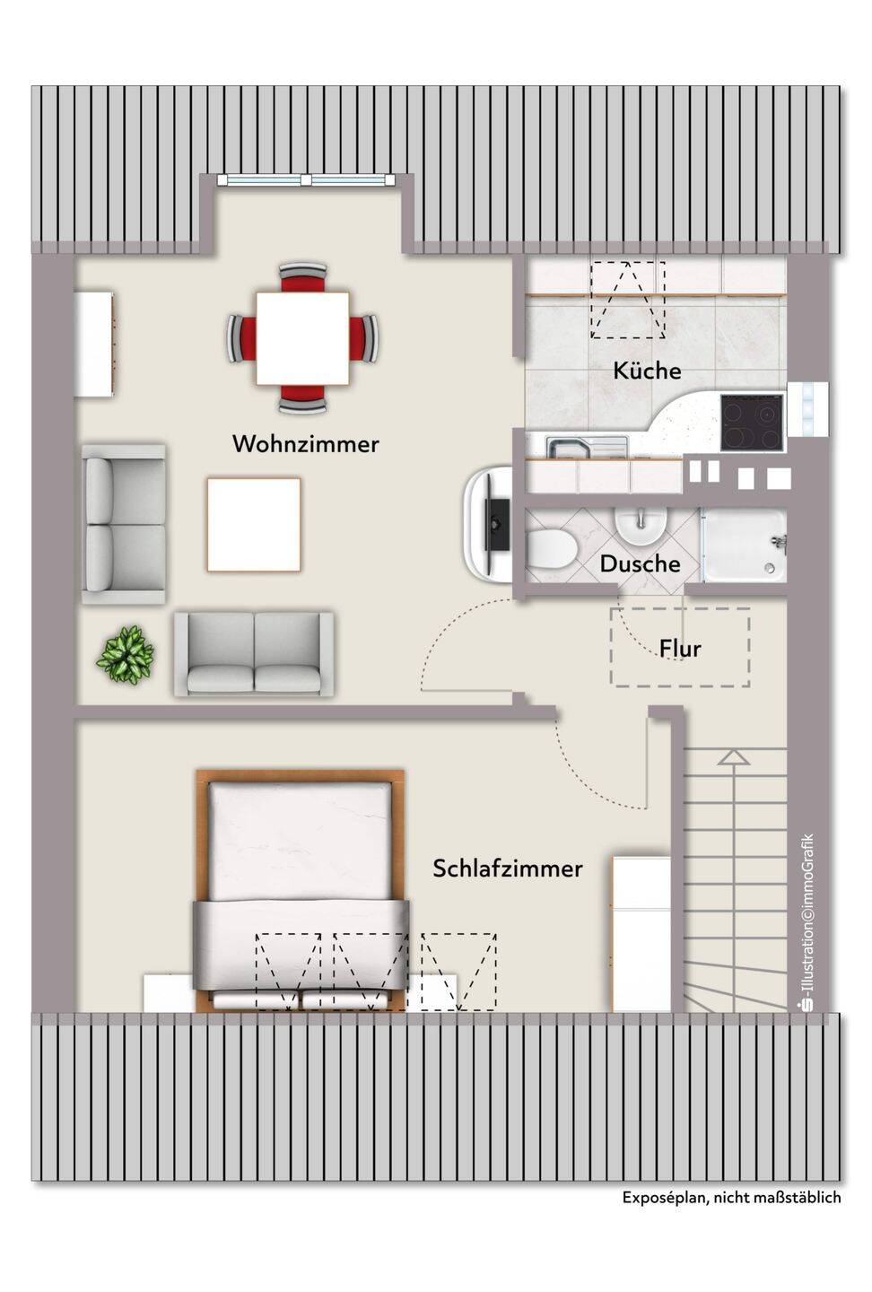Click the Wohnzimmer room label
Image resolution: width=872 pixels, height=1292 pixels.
pos(306,444)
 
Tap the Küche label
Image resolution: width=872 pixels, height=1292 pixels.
pos(647,371)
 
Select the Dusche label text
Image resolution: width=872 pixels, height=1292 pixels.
pos(641,563)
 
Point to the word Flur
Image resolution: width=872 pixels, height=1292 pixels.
pos(681,649)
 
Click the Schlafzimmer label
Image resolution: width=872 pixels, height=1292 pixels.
pos(508,869)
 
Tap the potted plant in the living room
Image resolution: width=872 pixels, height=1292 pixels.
pos(126,654)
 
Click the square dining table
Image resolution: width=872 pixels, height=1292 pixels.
pos(303,338)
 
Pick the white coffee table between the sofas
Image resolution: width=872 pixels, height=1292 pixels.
pos(254,524)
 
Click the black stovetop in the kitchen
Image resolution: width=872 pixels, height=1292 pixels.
pos(752,423)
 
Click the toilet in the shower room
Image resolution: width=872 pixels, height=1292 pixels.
pos(552,549)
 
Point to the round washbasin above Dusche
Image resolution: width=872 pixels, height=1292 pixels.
pos(641,525)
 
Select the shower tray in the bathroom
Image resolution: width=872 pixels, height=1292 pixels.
pos(744,545)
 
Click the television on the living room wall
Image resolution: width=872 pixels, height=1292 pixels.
pos(496,524)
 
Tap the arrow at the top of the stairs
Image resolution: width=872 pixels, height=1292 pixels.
pos(734,758)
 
